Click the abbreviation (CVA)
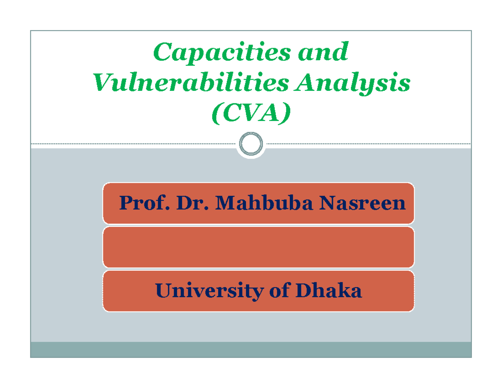point(251,114)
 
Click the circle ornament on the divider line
point(251,144)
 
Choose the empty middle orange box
point(259,247)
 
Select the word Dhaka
point(329,291)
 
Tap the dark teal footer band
point(251,349)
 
